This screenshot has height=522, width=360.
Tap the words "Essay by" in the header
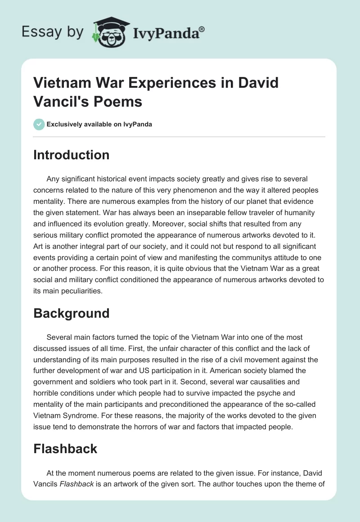(x=53, y=31)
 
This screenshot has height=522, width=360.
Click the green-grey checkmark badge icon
(x=39, y=124)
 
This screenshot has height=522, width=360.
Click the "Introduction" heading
(x=72, y=155)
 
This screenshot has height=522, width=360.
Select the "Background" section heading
(x=72, y=313)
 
